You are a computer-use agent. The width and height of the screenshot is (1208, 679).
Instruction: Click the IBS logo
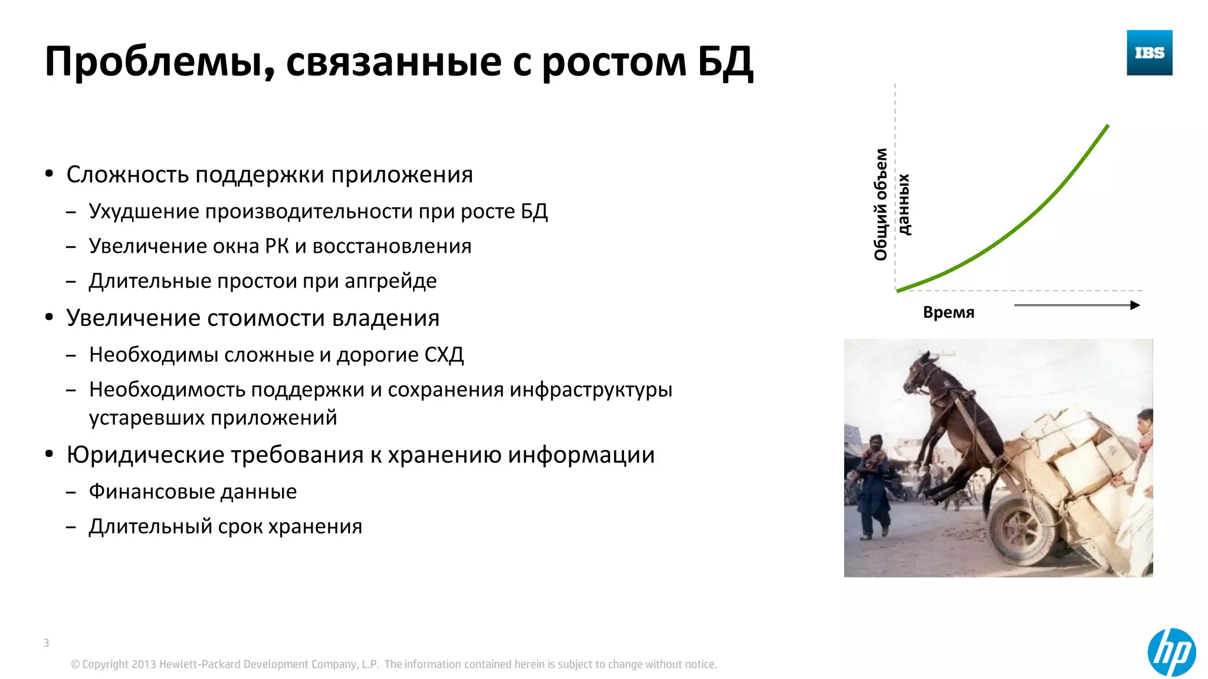click(x=1149, y=53)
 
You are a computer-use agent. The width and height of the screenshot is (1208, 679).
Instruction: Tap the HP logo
click(x=1171, y=652)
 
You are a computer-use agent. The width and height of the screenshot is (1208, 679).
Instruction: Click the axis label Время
click(x=948, y=312)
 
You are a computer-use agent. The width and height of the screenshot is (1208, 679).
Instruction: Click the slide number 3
click(x=46, y=643)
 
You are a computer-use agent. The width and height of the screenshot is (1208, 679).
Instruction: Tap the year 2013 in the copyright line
click(x=143, y=664)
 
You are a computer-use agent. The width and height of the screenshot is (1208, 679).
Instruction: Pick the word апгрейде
click(x=390, y=281)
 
